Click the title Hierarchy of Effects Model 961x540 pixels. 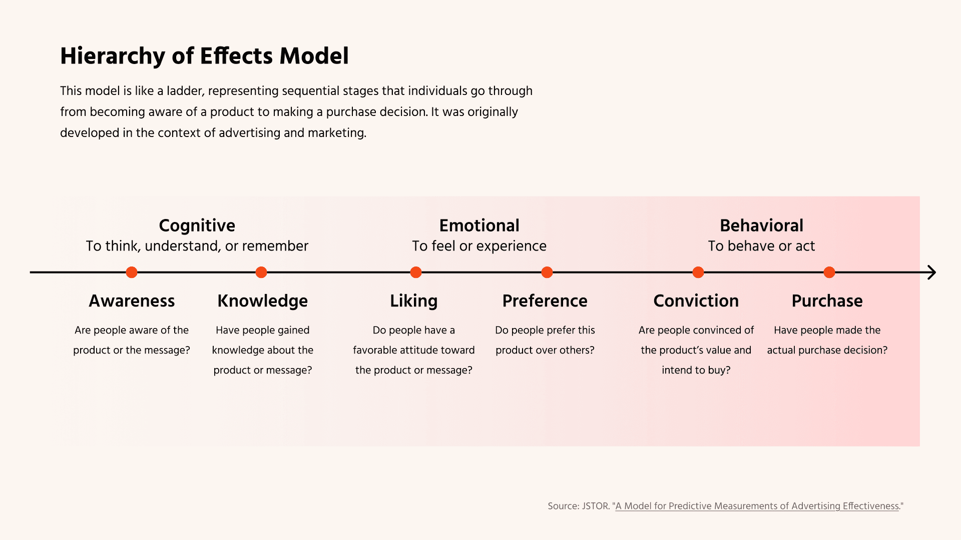204,56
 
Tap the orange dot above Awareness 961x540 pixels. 132,272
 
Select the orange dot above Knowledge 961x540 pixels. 261,272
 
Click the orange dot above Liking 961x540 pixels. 416,272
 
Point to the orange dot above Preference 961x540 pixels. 547,272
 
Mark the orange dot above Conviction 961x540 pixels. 698,272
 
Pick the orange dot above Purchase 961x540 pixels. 829,272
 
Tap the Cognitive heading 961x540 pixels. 197,226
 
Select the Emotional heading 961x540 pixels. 479,225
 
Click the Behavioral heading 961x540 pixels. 762,225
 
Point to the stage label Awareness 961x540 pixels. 132,301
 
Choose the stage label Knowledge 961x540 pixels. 263,301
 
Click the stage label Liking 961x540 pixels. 414,301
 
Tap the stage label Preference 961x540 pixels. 545,301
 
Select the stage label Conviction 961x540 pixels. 696,301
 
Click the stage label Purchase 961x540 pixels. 827,301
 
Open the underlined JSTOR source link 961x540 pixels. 757,506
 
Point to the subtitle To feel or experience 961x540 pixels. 479,246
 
